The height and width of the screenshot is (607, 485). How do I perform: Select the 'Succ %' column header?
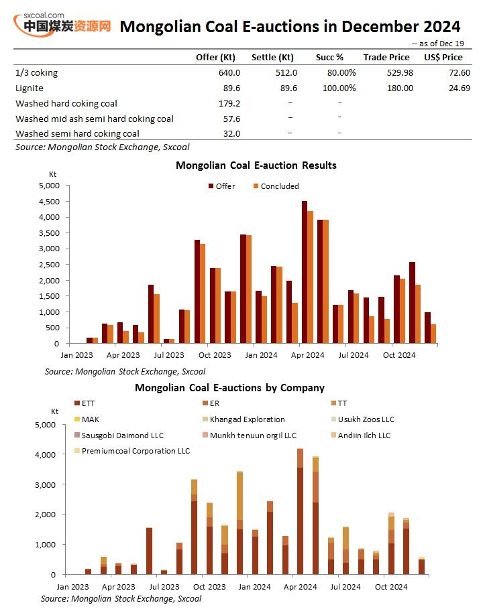pos(329,58)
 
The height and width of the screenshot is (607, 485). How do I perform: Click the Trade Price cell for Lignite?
pos(400,88)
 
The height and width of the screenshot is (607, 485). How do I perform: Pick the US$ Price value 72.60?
pos(460,73)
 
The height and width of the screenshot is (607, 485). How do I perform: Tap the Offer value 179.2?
pos(229,103)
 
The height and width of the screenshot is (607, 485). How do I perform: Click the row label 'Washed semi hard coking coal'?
pos(77,133)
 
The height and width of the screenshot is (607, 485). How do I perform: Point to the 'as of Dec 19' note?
pos(437,44)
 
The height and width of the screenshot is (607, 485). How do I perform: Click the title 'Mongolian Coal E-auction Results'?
pos(256,165)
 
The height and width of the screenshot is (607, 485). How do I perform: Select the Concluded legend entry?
pos(276,186)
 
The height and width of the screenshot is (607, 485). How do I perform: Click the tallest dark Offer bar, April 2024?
pos(305,272)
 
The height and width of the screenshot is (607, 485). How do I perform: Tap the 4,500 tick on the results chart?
pos(49,201)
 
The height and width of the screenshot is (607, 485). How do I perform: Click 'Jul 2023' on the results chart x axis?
pos(169,355)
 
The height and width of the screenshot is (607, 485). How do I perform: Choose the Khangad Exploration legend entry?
pos(244,419)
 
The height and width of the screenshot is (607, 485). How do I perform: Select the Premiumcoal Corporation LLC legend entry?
pos(131,451)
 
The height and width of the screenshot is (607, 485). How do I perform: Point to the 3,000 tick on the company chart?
pos(46,484)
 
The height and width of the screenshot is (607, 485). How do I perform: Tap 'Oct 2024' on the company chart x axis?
pos(391,587)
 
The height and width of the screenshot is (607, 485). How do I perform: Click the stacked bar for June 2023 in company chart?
pos(150,551)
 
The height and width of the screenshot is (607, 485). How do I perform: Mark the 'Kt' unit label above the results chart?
pos(52,174)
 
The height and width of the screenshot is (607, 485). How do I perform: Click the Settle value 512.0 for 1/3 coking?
pos(286,73)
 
